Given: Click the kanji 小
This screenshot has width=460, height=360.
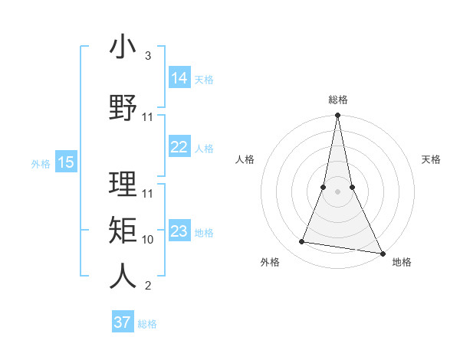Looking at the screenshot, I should coord(123,47).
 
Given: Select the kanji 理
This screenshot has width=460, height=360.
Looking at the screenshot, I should coord(123,185).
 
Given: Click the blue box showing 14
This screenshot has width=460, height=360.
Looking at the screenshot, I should coord(179,78).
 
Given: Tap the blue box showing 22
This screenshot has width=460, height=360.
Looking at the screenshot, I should coord(179,147).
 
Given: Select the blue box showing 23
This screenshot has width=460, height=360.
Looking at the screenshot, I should coord(179,231).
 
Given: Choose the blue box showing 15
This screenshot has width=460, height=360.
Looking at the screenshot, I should coord(66,162).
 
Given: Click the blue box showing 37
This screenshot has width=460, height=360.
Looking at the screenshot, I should coord(123,322).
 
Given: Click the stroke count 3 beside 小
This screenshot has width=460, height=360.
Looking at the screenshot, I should coord(148,56).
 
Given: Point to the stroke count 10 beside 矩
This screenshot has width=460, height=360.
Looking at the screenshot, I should coord(148,240).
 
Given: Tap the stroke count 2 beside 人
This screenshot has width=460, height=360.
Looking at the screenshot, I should coord(148,286).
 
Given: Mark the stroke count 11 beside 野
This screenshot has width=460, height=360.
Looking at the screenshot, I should coord(148,117).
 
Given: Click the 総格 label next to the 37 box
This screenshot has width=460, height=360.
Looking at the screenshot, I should coord(147,324).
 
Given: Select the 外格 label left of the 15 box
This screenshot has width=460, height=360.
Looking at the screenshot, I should coord(41,163).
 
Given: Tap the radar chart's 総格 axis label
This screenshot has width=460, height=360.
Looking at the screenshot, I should coord(337,100).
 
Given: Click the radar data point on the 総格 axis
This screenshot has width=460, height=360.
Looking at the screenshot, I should coord(337,116).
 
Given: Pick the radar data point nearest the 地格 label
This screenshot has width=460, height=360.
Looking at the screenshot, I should coord(382,252).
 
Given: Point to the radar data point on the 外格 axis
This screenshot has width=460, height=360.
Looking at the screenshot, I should coord(302,242).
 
